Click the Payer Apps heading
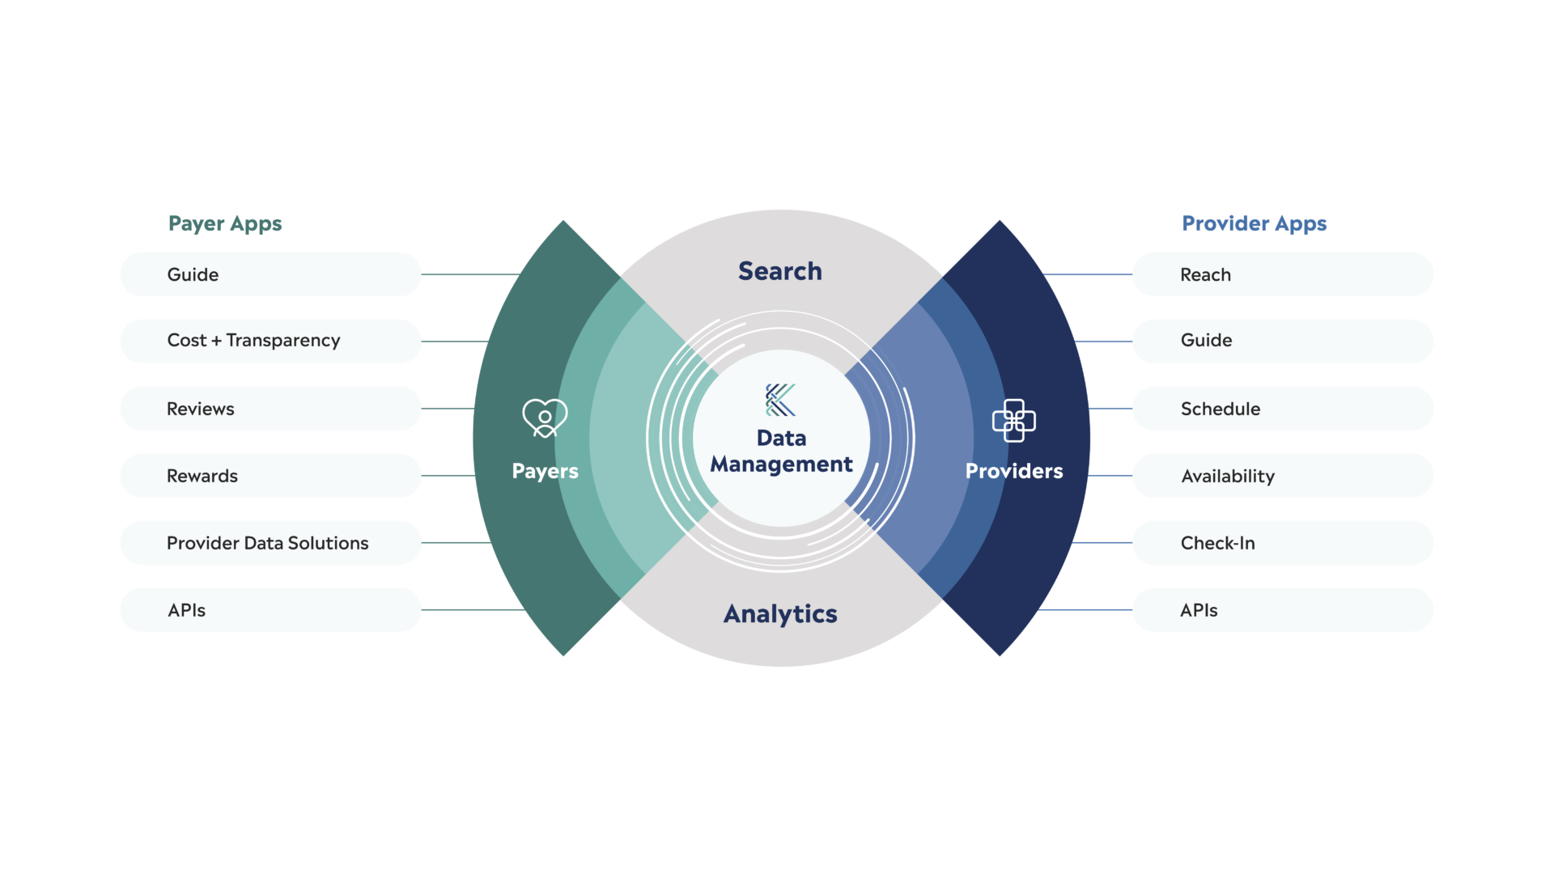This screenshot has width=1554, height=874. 225,223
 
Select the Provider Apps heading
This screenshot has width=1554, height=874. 1254,223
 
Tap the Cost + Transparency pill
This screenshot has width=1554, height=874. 270,341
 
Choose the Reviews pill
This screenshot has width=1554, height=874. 270,409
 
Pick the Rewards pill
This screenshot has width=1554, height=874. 270,476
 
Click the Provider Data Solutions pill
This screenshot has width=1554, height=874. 270,543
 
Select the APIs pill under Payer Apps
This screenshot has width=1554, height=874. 270,610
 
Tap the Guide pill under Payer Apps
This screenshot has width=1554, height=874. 270,274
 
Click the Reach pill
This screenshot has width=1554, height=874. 1282,274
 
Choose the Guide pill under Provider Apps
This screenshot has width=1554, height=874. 1282,341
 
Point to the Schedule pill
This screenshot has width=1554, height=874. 1282,409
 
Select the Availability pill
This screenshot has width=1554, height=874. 1282,476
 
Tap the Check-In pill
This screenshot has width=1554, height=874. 1282,543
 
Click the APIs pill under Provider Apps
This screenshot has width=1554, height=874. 1282,610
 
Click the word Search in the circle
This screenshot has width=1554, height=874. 779,271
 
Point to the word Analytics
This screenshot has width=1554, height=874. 780,614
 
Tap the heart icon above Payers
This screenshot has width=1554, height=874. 545,418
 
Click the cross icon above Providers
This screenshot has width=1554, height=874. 1013,421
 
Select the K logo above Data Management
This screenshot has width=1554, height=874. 780,400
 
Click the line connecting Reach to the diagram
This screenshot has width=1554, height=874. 1089,274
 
